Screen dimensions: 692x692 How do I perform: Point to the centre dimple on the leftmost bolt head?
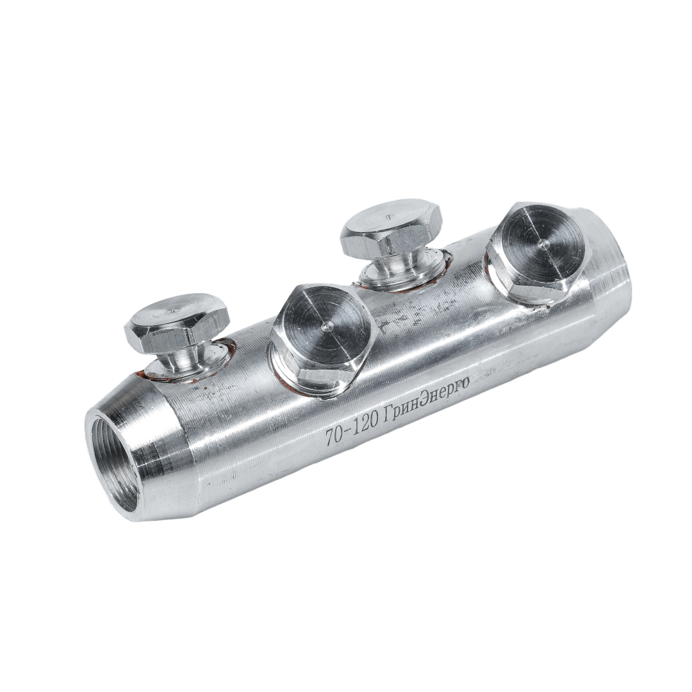click(171, 311)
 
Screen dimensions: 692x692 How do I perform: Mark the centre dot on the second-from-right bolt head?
click(388, 217)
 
